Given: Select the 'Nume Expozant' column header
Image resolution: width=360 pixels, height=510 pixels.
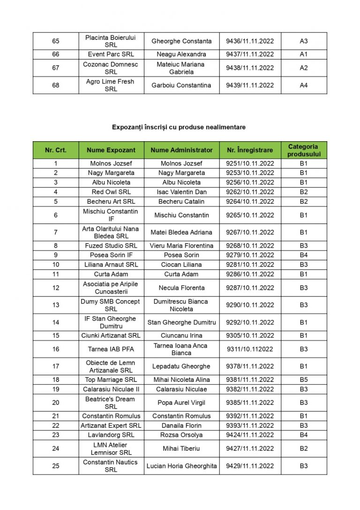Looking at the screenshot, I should pyautogui.click(x=111, y=150).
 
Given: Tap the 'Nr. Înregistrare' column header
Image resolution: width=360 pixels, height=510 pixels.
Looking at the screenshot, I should pyautogui.click(x=250, y=150).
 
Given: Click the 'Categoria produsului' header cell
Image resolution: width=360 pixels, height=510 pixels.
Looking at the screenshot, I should pyautogui.click(x=304, y=150).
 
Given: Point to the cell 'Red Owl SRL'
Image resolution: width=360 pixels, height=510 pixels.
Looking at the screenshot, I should pyautogui.click(x=111, y=192).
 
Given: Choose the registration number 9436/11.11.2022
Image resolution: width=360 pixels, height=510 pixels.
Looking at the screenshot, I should pyautogui.click(x=250, y=41).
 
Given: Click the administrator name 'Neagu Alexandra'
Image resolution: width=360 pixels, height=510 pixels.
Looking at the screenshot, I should pyautogui.click(x=181, y=54).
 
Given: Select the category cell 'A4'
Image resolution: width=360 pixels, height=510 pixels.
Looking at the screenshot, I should pyautogui.click(x=304, y=85).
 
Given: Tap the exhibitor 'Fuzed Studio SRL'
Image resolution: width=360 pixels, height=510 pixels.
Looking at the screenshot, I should pyautogui.click(x=111, y=246).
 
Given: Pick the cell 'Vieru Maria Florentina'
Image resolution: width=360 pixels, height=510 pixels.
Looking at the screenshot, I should pyautogui.click(x=181, y=246).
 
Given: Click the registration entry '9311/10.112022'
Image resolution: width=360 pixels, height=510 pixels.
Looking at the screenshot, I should pyautogui.click(x=250, y=349).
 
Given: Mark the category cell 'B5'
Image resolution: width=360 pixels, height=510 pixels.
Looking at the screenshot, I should pyautogui.click(x=304, y=380).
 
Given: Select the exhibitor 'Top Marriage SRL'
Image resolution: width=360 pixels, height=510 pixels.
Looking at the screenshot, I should pyautogui.click(x=111, y=380).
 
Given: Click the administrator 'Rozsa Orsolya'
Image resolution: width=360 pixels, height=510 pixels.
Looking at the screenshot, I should pyautogui.click(x=181, y=435).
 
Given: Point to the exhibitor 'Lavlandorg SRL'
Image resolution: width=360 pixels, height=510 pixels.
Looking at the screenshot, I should pyautogui.click(x=111, y=435).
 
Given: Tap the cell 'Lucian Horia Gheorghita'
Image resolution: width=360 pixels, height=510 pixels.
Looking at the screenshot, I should pyautogui.click(x=181, y=466).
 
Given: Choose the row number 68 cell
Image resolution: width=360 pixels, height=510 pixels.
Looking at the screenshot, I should pyautogui.click(x=56, y=85).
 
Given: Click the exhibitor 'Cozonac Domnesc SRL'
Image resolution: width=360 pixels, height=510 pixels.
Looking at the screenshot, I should pyautogui.click(x=111, y=68).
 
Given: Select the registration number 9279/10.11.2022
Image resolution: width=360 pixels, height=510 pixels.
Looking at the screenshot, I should pyautogui.click(x=250, y=255).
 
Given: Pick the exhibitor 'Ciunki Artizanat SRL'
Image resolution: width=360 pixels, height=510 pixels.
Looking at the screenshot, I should pyautogui.click(x=111, y=335).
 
